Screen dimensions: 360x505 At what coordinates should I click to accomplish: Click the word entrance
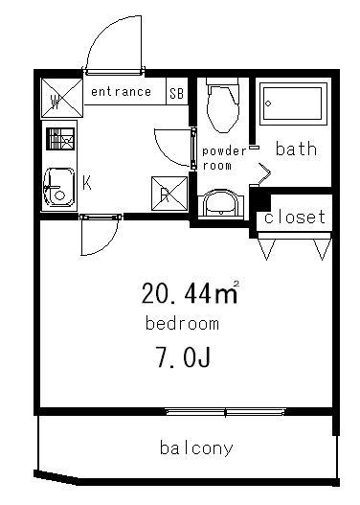(x=121, y=92)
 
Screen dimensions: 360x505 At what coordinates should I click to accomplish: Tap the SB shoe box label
(x=176, y=93)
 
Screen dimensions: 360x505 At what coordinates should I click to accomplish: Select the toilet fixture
(x=223, y=105)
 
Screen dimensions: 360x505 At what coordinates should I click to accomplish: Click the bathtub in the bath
(x=293, y=103)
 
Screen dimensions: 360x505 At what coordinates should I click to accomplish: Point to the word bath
(x=296, y=149)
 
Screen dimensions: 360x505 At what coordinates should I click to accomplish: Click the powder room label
(x=224, y=158)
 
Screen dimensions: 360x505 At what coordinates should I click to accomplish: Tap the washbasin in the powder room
(x=221, y=205)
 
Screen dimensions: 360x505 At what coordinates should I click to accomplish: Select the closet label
(x=294, y=218)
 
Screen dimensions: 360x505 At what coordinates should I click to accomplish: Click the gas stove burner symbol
(x=60, y=139)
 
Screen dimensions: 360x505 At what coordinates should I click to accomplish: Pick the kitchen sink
(x=59, y=187)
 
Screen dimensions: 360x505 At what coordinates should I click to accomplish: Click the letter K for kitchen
(x=87, y=183)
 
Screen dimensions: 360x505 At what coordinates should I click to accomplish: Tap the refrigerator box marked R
(x=169, y=194)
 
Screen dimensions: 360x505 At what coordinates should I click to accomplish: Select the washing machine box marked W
(x=62, y=98)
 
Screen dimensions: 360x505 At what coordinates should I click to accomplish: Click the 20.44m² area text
(x=191, y=292)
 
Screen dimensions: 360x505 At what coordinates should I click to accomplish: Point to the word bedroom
(x=182, y=323)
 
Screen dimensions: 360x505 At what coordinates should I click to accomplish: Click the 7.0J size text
(x=183, y=357)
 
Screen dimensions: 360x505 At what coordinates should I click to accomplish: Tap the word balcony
(x=196, y=448)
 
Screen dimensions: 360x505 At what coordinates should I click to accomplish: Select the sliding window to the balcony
(x=226, y=411)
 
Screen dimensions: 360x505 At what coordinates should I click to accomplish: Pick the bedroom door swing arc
(x=108, y=244)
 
